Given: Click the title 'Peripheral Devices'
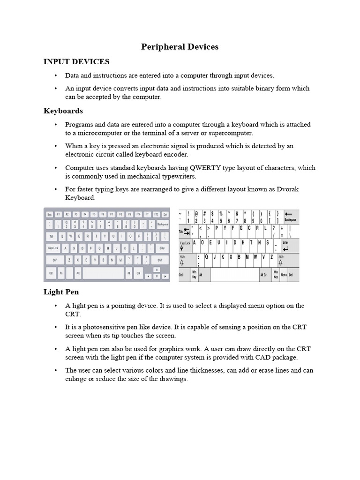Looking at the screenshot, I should pyautogui.click(x=180, y=47).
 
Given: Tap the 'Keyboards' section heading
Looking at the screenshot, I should pyautogui.click(x=63, y=111).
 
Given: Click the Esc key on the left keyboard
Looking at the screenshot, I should pyautogui.click(x=49, y=214).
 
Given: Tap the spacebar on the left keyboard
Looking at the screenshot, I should pyautogui.click(x=103, y=272).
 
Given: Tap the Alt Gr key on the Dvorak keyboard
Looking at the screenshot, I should pyautogui.click(x=264, y=275).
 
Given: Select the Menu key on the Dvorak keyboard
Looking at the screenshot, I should pyautogui.click(x=284, y=275).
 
